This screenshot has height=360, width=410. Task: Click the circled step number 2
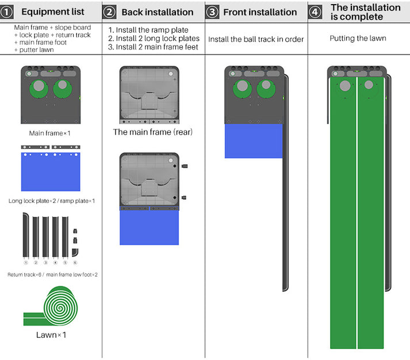click(x=110, y=12)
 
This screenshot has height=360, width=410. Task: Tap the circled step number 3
click(x=212, y=12)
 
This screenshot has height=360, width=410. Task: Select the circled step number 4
click(x=315, y=12)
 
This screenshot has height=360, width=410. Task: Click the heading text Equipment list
click(x=53, y=12)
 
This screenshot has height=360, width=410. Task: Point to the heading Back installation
click(x=157, y=12)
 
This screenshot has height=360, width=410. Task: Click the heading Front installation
click(x=260, y=12)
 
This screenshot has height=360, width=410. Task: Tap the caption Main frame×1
click(x=49, y=133)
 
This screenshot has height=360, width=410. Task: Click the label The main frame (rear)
click(x=152, y=132)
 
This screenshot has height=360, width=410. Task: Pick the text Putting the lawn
click(x=358, y=39)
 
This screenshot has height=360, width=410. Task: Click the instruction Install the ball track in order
click(x=256, y=39)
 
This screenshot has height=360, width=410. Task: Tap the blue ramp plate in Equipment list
click(x=50, y=176)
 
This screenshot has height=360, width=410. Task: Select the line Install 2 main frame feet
click(x=153, y=47)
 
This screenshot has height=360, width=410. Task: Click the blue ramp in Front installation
click(x=254, y=141)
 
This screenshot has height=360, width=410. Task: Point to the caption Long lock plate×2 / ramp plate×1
click(x=52, y=201)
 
